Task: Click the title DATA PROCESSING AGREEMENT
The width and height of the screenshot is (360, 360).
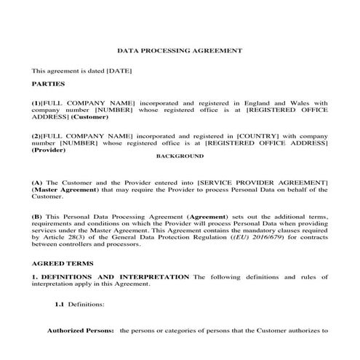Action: pos(180,51)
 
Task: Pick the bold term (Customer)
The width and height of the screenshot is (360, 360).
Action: pos(90,116)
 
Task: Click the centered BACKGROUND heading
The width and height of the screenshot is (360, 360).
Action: pos(180,156)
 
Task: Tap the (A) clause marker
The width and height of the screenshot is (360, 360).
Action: pos(37,180)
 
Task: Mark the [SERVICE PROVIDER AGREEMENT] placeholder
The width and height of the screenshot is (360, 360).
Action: pos(265,180)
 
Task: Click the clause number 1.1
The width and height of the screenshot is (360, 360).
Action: pos(60,304)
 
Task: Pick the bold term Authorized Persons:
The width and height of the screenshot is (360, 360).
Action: pos(81,331)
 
